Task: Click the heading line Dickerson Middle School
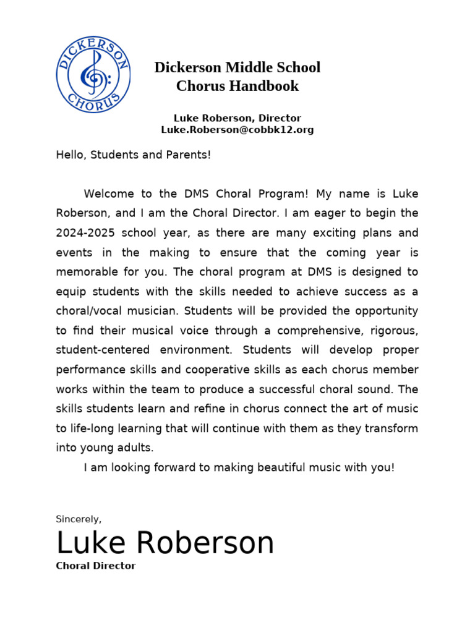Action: click(x=237, y=67)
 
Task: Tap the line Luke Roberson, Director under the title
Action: click(x=237, y=117)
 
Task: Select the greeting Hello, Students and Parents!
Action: click(x=134, y=155)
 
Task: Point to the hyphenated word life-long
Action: click(x=92, y=428)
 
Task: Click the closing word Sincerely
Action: click(x=79, y=519)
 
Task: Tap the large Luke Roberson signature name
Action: click(x=165, y=543)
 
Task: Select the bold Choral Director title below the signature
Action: click(x=96, y=566)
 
